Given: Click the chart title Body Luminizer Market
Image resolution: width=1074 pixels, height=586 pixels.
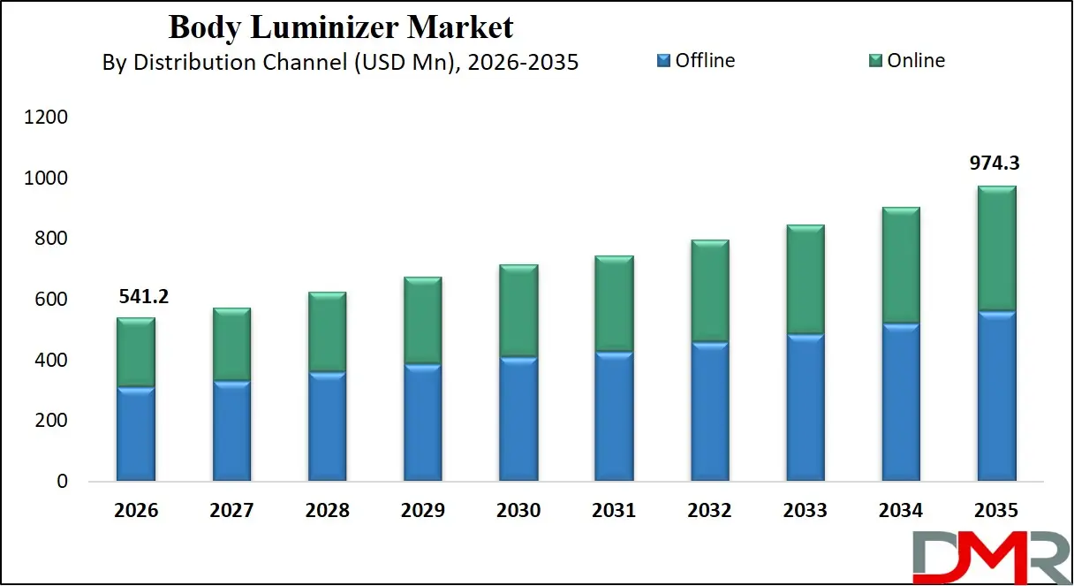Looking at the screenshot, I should click(340, 27).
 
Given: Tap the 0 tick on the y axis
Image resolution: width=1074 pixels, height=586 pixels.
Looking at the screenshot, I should click(61, 482).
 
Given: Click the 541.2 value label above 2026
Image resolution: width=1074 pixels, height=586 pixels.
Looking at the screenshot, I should click(143, 296).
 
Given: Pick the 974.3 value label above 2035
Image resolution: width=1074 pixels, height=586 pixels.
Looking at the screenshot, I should click(996, 164).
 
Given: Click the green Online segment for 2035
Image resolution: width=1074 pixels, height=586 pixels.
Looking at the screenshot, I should click(996, 248).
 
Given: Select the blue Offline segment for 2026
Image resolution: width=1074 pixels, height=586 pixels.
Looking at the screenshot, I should click(136, 434).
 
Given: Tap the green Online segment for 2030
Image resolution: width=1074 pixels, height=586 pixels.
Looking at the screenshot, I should click(518, 311).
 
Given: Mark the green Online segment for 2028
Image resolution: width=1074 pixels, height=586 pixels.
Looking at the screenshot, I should click(327, 332).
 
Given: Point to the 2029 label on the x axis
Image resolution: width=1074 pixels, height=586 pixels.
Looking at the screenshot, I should click(422, 511).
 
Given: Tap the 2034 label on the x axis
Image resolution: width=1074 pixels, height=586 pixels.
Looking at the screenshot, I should click(901, 511).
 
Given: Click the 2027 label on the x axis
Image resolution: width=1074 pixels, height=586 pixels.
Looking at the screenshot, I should click(231, 511).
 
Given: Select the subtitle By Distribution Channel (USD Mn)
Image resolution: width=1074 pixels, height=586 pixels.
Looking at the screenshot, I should click(340, 63).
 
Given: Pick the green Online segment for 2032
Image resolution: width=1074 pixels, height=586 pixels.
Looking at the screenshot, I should click(709, 291).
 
